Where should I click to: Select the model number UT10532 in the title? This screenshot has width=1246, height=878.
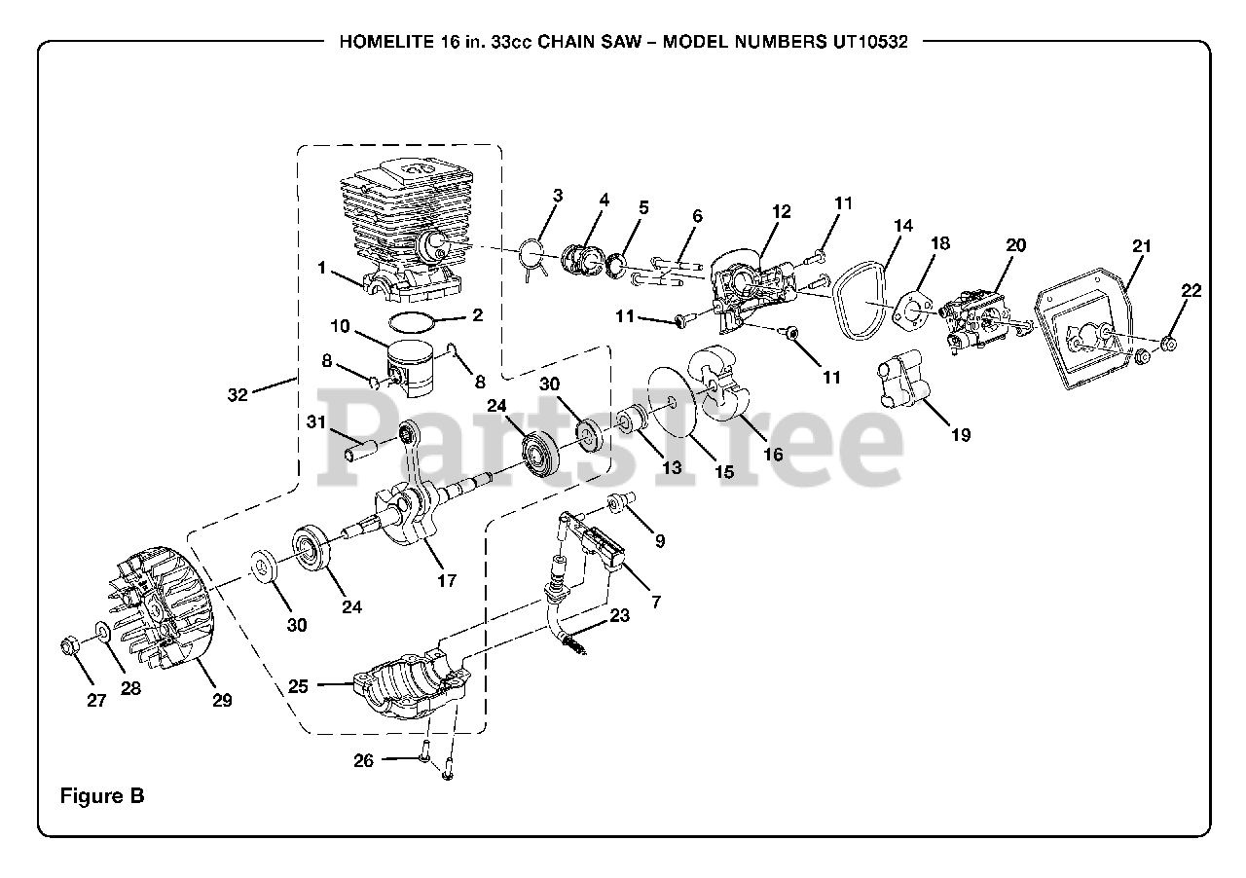click(x=870, y=43)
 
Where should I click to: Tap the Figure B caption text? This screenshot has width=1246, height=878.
click(x=102, y=795)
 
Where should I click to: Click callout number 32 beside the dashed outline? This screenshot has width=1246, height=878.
click(x=238, y=394)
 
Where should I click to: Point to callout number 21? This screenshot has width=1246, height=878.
click(x=1141, y=246)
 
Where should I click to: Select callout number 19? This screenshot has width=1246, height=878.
click(x=960, y=435)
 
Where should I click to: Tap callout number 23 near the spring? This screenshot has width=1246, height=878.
click(x=619, y=615)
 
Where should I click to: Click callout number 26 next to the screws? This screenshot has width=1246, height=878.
click(x=363, y=760)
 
